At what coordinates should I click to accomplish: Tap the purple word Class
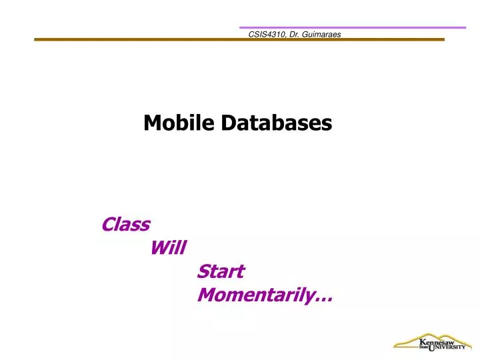(125, 225)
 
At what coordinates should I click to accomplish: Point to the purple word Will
(169, 249)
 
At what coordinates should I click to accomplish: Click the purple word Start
(221, 271)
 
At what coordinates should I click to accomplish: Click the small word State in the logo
(424, 347)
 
